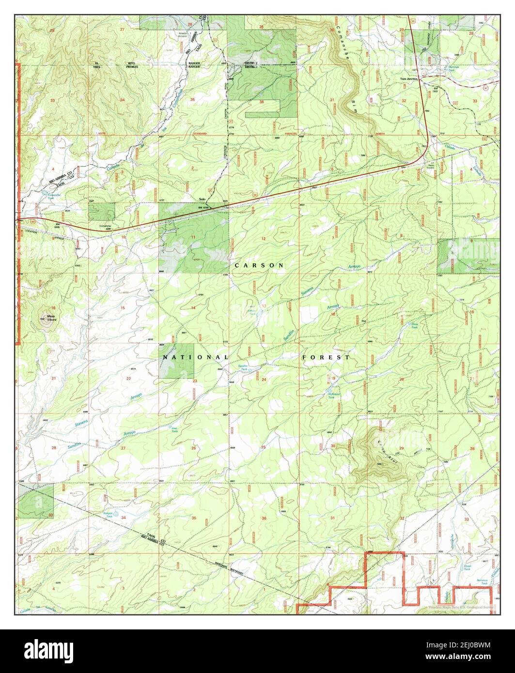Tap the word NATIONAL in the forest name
(195, 357)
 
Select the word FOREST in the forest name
(326, 357)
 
